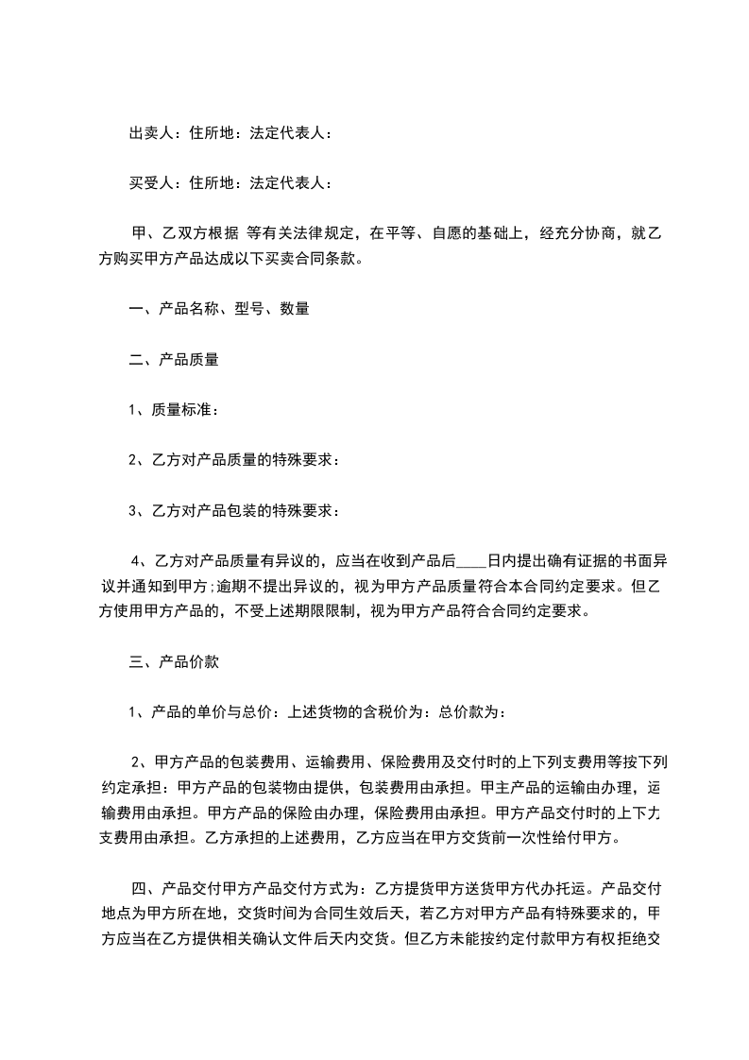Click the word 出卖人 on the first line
click(x=150, y=133)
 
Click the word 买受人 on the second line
click(x=150, y=182)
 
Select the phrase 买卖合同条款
click(x=316, y=257)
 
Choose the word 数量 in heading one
click(x=295, y=308)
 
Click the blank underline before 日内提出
click(x=471, y=562)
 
